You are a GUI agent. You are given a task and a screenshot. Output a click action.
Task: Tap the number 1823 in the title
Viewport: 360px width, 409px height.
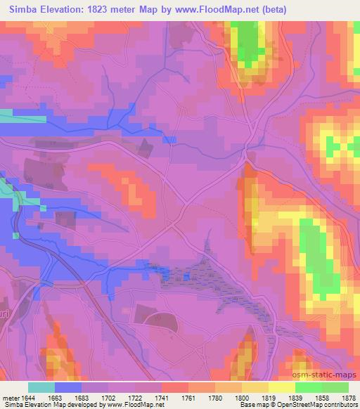click(x=98, y=8)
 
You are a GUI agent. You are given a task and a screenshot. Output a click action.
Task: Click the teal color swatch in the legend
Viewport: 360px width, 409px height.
click(x=41, y=387)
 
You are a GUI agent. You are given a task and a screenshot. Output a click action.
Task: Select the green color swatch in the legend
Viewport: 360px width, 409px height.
click(x=321, y=387)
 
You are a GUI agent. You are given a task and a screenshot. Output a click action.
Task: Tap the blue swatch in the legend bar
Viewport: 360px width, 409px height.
click(x=68, y=387)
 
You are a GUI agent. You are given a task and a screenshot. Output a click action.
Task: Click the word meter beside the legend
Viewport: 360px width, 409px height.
click(x=10, y=397)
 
